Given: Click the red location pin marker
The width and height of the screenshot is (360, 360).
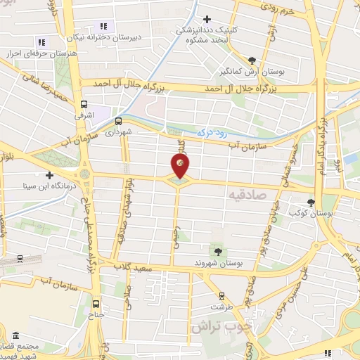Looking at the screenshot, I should pyautogui.click(x=180, y=166).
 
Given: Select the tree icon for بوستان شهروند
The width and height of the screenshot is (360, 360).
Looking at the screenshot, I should pyautogui.click(x=217, y=250).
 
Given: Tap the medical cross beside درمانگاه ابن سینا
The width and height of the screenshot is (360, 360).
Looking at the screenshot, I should pyautogui.click(x=49, y=175).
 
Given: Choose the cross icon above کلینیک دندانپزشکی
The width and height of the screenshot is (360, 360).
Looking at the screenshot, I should pyautogui.click(x=206, y=20).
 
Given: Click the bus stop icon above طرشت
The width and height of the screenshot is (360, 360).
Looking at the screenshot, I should pyautogui.click(x=223, y=295).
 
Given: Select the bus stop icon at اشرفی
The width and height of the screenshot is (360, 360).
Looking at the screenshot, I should pyautogui.click(x=82, y=105).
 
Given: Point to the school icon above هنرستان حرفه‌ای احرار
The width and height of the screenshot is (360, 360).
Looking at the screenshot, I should pyautogui.click(x=41, y=42).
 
